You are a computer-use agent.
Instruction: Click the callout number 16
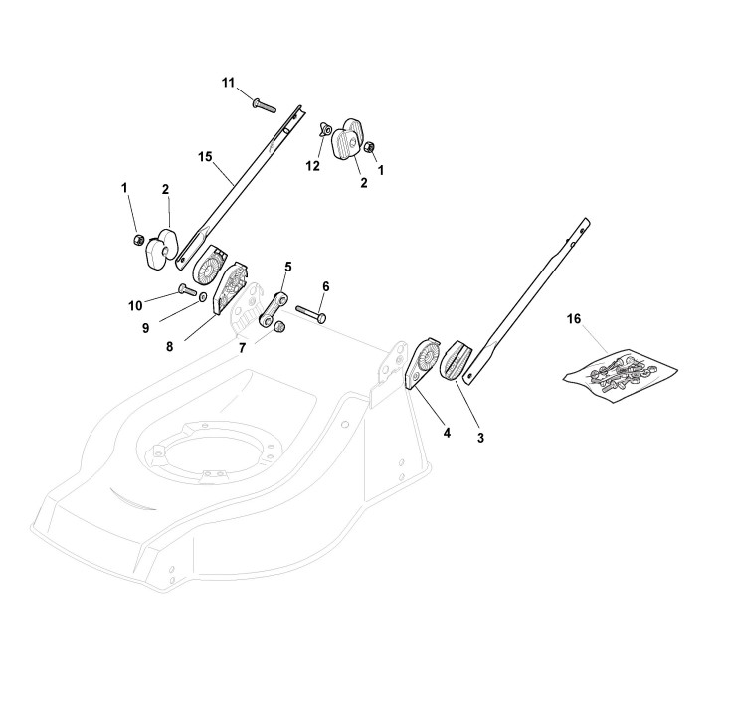click(573, 319)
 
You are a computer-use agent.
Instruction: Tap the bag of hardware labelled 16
click(621, 373)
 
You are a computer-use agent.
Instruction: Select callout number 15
click(205, 157)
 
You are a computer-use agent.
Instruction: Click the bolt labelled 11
click(264, 104)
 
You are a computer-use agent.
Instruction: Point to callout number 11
click(228, 83)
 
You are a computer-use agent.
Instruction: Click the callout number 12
click(312, 166)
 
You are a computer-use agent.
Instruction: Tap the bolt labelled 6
click(311, 313)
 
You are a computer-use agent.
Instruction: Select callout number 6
click(325, 286)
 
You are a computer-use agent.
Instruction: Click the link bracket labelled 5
click(274, 309)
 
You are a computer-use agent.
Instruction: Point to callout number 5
click(288, 267)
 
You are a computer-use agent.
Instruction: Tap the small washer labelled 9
click(203, 296)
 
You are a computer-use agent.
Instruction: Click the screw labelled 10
click(188, 290)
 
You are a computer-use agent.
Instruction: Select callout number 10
click(135, 306)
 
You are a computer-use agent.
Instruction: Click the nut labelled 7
click(280, 327)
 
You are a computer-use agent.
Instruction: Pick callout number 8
click(169, 346)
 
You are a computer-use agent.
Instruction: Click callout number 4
click(447, 433)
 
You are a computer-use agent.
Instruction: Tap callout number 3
click(480, 438)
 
